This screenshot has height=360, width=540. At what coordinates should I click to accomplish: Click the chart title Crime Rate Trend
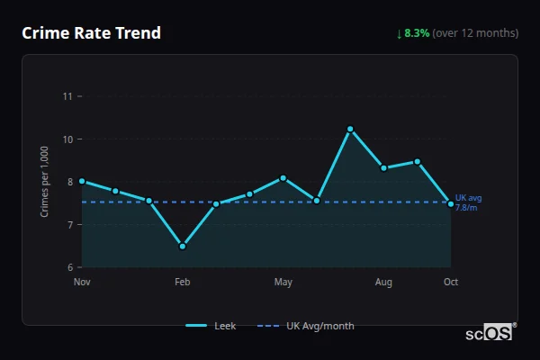91,33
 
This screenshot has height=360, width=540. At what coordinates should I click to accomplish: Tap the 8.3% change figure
418,33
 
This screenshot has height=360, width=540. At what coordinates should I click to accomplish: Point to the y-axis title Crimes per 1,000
44,181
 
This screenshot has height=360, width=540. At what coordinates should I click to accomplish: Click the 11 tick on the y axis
67,96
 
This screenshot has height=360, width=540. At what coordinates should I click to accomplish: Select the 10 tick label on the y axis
67,139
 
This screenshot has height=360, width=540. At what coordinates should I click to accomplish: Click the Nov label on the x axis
82,283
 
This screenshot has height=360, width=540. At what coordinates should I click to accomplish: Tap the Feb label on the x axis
183,283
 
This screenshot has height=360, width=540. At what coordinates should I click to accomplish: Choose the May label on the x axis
283,283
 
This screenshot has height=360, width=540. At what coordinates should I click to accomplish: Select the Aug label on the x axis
383,283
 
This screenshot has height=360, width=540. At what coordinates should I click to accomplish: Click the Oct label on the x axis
451,283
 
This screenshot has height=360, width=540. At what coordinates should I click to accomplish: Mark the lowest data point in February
183,246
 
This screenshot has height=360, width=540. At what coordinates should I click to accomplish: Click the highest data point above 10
350,130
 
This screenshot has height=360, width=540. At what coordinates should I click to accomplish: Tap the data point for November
82,181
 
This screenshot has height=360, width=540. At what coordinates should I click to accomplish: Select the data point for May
283,178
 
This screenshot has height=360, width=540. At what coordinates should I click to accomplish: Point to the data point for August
383,167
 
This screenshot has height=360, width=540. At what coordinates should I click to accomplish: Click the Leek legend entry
211,326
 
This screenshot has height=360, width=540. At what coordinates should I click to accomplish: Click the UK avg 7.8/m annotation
468,202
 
